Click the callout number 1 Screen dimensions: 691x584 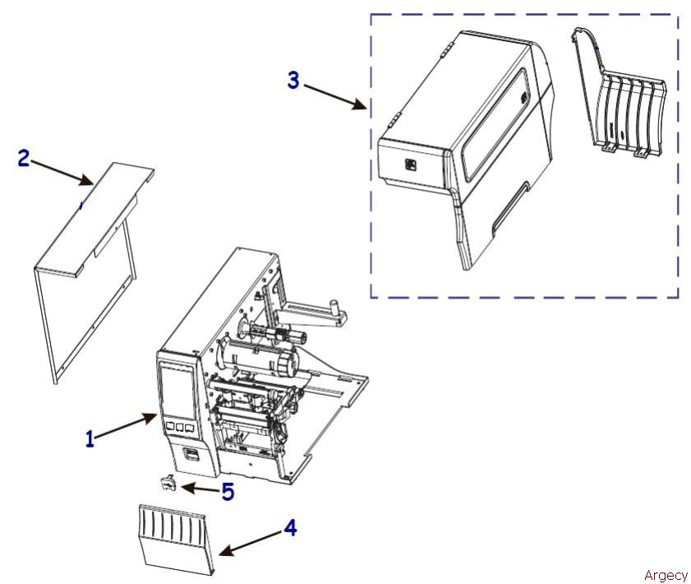(x=90, y=439)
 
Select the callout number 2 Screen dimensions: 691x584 (x=24, y=158)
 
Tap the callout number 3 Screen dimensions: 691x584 (x=293, y=81)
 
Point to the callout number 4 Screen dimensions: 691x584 (x=290, y=527)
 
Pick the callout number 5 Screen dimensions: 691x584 (x=228, y=492)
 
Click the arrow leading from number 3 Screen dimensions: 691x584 (x=335, y=97)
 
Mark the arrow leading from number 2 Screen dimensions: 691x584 (x=62, y=173)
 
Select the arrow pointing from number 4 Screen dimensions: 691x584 (x=251, y=543)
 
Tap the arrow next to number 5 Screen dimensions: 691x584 (x=200, y=489)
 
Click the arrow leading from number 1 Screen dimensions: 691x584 (x=126, y=425)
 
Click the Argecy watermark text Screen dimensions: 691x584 (x=666, y=575)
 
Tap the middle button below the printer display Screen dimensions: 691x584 (x=179, y=427)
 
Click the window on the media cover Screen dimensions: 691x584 (x=495, y=124)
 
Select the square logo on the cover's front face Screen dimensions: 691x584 (x=410, y=165)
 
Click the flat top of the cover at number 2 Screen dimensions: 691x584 (x=94, y=220)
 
